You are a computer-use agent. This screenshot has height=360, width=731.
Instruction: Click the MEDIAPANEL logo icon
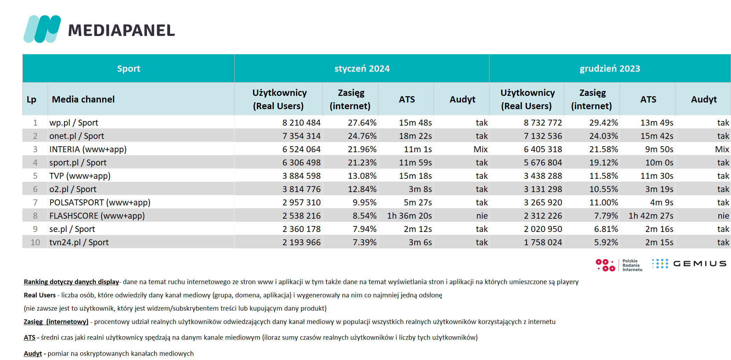point(42,29)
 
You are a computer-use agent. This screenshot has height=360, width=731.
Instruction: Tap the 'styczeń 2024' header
point(362,69)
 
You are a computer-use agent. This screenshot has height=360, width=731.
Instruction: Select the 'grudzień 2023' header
point(610,69)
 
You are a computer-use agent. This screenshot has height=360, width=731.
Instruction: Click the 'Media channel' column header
point(83,99)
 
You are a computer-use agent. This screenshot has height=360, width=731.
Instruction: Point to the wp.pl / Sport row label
point(74,123)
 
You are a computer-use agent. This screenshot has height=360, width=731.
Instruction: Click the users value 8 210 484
point(301,123)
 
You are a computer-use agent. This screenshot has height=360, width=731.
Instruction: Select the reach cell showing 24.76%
point(362,136)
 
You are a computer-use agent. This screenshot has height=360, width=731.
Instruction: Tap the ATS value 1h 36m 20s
point(409,216)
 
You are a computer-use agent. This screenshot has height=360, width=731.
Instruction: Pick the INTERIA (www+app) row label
point(88,149)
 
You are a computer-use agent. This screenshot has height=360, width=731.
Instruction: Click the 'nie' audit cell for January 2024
point(482,216)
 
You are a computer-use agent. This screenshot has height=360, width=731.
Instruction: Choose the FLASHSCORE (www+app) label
point(97,216)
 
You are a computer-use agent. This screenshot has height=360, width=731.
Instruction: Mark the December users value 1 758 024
point(543,242)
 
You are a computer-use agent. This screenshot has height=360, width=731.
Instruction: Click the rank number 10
point(35,242)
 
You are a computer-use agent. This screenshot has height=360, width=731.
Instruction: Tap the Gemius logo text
point(700,263)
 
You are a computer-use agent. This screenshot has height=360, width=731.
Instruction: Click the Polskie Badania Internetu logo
point(619,265)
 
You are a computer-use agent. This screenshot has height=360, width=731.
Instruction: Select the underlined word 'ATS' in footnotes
point(29,338)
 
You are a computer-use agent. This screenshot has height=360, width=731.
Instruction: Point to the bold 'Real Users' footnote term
point(40,295)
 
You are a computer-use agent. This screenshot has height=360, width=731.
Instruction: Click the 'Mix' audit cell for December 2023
point(722,149)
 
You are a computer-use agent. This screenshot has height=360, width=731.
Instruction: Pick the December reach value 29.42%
point(604,123)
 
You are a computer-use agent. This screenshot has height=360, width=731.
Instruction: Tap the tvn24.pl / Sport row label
point(79,242)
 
